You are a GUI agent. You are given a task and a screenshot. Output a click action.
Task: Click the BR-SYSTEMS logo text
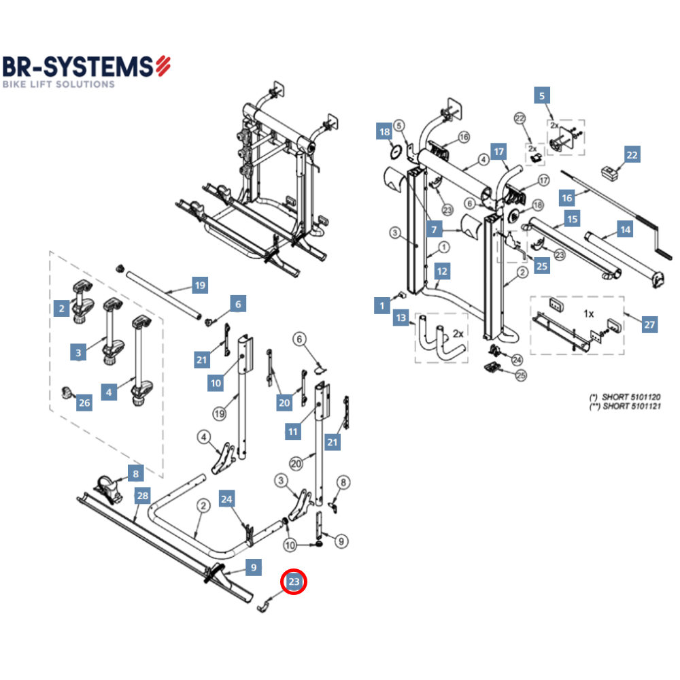78,67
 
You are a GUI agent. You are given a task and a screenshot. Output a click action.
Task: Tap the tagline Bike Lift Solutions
58,84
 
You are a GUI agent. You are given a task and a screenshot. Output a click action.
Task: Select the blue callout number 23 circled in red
294,582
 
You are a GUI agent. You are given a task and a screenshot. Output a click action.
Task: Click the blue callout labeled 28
141,496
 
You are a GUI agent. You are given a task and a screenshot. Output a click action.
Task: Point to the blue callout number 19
199,286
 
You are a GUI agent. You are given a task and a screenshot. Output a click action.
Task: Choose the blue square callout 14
625,230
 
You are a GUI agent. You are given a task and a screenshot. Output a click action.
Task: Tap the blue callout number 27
649,325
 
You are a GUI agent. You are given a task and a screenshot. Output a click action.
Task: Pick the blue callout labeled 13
401,318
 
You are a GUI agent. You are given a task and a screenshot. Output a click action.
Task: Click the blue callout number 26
84,403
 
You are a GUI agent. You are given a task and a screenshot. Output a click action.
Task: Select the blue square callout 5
541,95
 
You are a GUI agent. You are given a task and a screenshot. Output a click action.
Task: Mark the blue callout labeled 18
384,132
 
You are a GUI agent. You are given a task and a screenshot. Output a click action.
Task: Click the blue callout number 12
443,271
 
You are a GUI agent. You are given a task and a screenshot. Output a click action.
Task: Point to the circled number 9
341,541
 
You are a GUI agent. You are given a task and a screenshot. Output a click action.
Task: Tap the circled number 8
344,483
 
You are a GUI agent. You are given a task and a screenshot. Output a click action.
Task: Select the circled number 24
517,359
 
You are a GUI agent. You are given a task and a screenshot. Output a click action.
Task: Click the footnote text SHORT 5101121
624,406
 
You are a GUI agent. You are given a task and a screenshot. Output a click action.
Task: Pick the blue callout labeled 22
632,155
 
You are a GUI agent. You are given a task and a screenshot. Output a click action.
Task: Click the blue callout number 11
293,431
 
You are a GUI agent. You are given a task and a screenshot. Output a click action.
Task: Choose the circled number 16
464,137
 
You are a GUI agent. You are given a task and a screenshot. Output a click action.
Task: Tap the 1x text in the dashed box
589,314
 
